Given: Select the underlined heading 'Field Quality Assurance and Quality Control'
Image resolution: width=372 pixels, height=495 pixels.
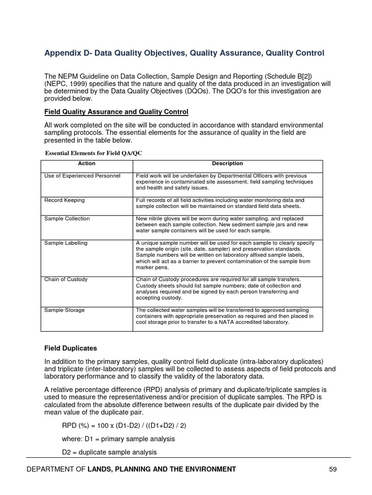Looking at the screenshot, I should (x=116, y=112).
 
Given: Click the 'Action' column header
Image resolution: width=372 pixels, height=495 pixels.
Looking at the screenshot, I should (x=87, y=164).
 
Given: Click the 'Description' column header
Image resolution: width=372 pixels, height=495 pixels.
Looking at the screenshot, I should (x=227, y=164).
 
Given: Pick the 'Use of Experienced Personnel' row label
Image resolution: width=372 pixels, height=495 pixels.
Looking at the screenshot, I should (x=82, y=175).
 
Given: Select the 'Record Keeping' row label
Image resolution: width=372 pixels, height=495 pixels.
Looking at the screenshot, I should (x=64, y=200).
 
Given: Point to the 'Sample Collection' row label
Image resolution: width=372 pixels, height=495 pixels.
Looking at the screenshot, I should (x=67, y=218).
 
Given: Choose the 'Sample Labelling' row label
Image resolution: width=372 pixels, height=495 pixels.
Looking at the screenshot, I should (x=66, y=243).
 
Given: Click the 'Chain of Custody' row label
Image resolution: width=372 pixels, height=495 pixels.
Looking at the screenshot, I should (x=66, y=279).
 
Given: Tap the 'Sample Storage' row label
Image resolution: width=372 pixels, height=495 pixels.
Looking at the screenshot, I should (x=64, y=310).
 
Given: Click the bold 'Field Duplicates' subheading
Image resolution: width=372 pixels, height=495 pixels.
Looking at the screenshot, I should (x=71, y=348).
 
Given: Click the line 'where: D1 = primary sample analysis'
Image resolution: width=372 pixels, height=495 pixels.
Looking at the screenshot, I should (x=118, y=439).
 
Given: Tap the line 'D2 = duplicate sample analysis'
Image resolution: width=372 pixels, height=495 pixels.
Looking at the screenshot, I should (x=109, y=452).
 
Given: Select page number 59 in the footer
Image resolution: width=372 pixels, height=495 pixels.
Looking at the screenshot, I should (x=332, y=469).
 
